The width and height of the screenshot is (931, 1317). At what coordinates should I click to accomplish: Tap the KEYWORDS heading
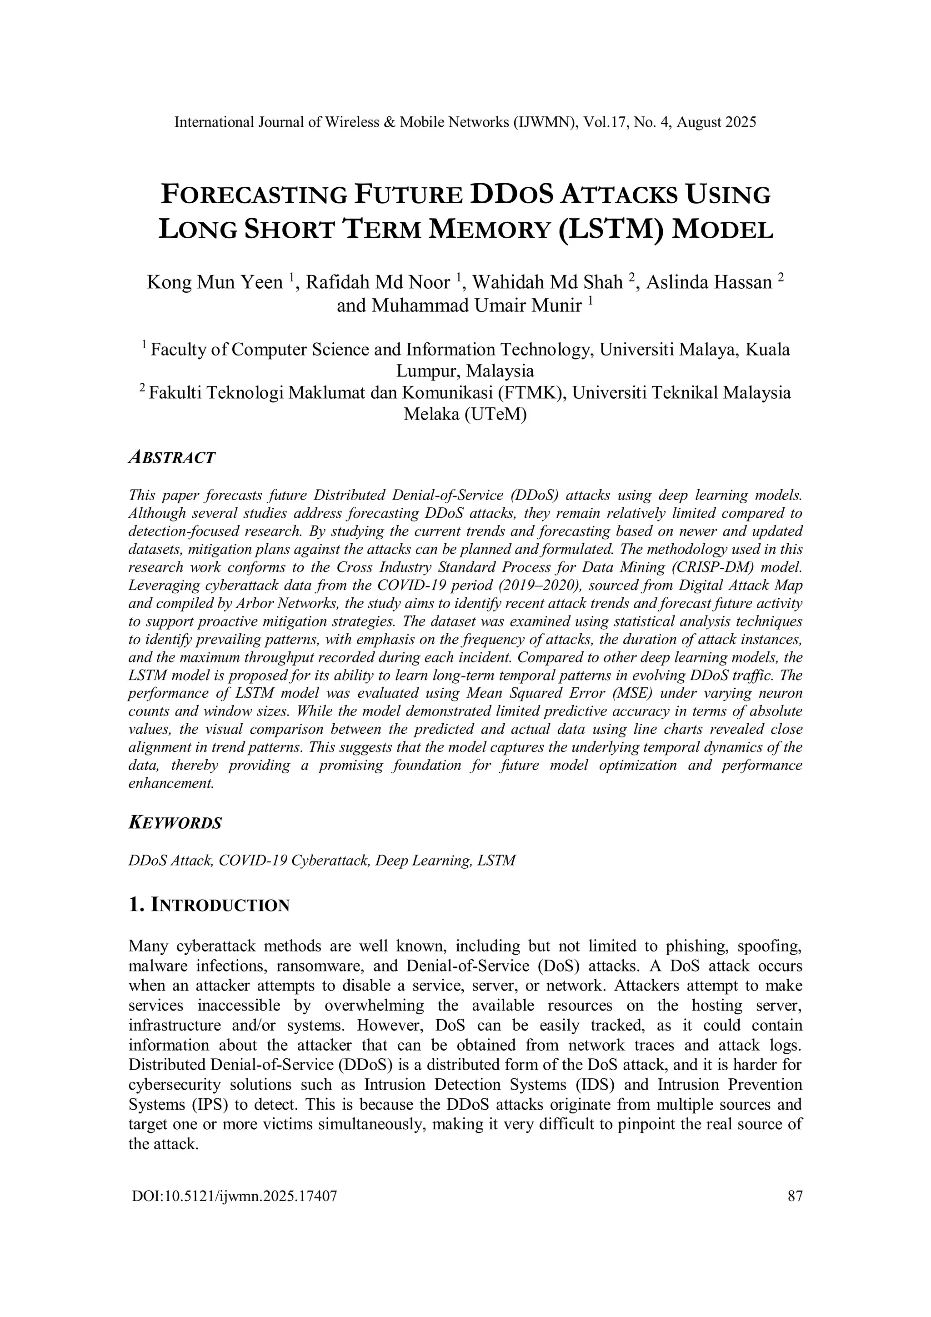[x=175, y=823]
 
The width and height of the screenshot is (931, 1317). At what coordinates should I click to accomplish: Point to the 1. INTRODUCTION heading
[x=210, y=905]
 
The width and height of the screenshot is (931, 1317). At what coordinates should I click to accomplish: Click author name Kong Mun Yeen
[x=215, y=283]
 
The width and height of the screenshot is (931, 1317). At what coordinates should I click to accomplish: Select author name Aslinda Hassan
[x=709, y=283]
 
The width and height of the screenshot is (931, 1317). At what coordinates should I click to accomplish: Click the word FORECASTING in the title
[x=254, y=195]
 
